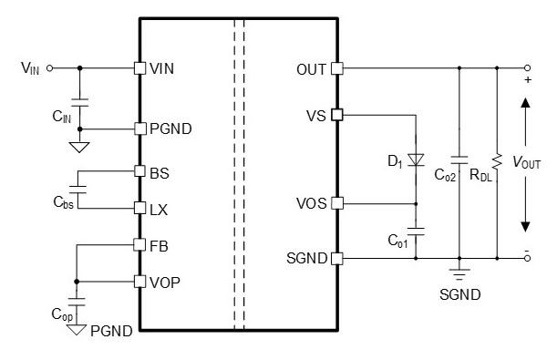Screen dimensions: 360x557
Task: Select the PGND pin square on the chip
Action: coord(139,128)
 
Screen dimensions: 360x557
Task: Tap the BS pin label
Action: coord(158,170)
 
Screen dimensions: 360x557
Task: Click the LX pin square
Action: coord(139,208)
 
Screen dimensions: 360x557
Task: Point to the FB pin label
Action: coord(158,244)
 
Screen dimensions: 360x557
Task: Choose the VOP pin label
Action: coord(164,282)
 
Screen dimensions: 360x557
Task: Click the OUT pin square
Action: coord(336,67)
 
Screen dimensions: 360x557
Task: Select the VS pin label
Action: coord(315,115)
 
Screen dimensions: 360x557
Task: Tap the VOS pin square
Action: coord(336,202)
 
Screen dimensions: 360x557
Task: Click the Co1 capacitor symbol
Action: coord(416,231)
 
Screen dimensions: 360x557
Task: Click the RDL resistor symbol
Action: coord(497,161)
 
